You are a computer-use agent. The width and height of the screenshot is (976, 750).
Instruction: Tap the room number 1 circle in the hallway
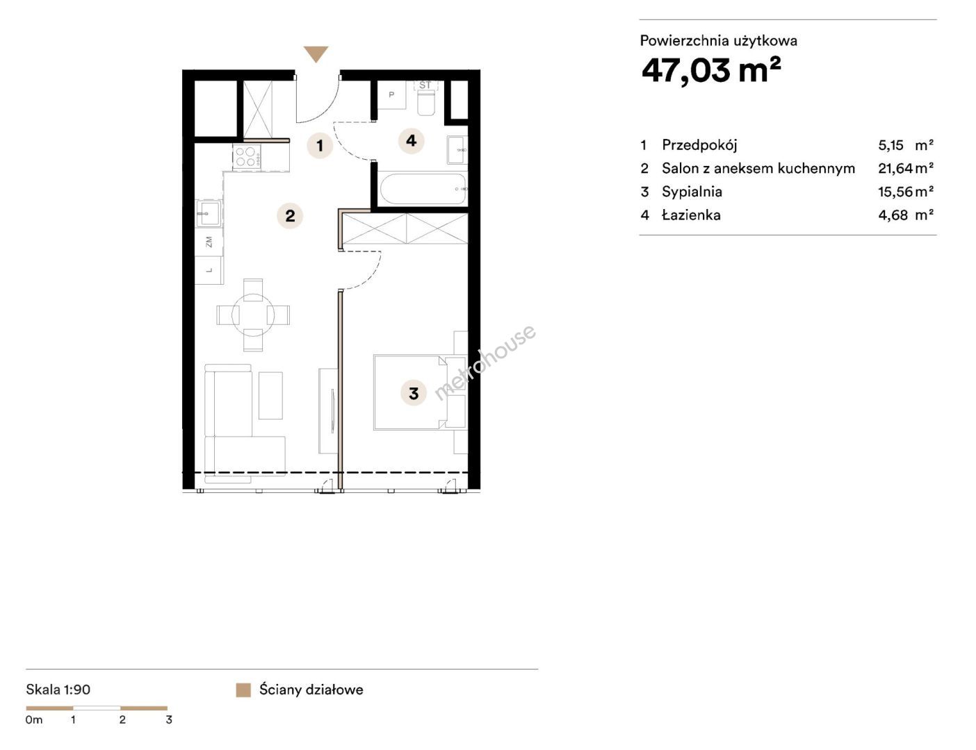[320, 145]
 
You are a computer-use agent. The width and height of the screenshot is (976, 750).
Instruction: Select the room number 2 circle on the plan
[290, 216]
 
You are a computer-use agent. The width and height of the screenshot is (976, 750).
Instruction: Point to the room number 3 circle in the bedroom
[414, 393]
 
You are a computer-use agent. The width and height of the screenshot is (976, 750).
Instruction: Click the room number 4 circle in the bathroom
[412, 141]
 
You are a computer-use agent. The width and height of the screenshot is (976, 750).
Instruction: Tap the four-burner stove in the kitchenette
[247, 156]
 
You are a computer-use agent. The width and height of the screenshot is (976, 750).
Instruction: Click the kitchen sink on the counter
[209, 213]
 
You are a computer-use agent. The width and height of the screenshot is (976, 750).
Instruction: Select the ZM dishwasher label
[209, 242]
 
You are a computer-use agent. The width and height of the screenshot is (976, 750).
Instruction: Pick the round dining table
[253, 315]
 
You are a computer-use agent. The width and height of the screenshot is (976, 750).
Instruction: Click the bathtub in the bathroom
[423, 189]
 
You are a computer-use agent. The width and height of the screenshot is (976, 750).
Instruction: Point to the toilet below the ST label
[426, 102]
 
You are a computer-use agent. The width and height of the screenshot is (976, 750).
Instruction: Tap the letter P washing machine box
[391, 95]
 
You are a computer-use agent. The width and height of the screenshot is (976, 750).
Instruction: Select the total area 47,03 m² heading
[711, 70]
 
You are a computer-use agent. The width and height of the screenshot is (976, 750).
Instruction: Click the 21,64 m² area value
[906, 168]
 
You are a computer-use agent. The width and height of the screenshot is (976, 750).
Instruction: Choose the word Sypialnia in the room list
[692, 192]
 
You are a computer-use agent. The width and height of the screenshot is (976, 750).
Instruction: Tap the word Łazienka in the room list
[691, 215]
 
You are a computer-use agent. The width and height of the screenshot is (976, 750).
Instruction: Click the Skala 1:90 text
[58, 690]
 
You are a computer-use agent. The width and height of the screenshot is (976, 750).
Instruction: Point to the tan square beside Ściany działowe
[243, 690]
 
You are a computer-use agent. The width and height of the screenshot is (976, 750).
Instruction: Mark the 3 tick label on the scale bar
[169, 719]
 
